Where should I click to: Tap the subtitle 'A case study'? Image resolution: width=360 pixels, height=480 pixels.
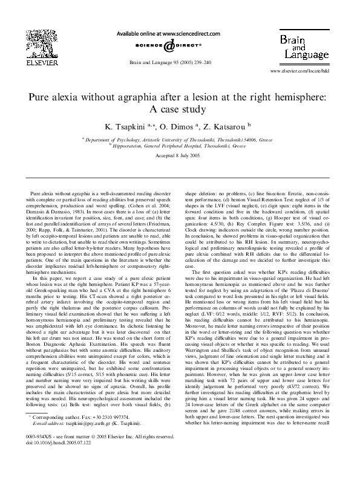[x=180, y=109]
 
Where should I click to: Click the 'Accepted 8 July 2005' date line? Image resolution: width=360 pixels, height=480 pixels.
[x=180, y=155]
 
